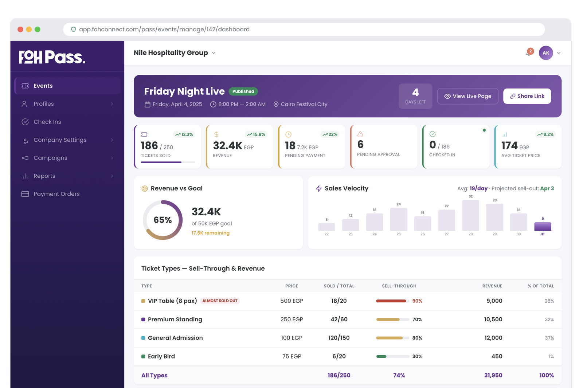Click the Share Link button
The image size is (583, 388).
pyautogui.click(x=527, y=96)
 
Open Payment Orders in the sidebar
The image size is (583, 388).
pyautogui.click(x=56, y=194)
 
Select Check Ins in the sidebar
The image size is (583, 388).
pyautogui.click(x=47, y=122)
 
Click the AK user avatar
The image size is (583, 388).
pyautogui.click(x=546, y=53)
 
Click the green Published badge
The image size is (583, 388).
pyautogui.click(x=243, y=91)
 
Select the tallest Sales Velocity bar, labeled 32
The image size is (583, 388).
pyautogui.click(x=470, y=215)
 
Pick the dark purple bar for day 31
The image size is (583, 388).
pyautogui.click(x=543, y=226)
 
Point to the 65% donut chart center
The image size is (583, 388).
pyautogui.click(x=163, y=220)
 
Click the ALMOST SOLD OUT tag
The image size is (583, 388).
pyautogui.click(x=220, y=301)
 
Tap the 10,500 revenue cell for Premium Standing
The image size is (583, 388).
pyautogui.click(x=493, y=320)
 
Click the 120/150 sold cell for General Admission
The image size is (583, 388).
pyautogui.click(x=339, y=338)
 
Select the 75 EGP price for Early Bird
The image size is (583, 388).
pyautogui.click(x=291, y=356)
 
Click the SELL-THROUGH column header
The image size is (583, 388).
pyautogui.click(x=399, y=286)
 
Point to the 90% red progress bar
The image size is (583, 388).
pyautogui.click(x=391, y=301)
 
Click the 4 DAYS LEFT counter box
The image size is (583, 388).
pyautogui.click(x=415, y=96)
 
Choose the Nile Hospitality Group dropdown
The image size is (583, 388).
pyautogui.click(x=175, y=53)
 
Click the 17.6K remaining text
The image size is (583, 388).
pyautogui.click(x=211, y=233)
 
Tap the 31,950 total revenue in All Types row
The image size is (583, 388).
pyautogui.click(x=493, y=375)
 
